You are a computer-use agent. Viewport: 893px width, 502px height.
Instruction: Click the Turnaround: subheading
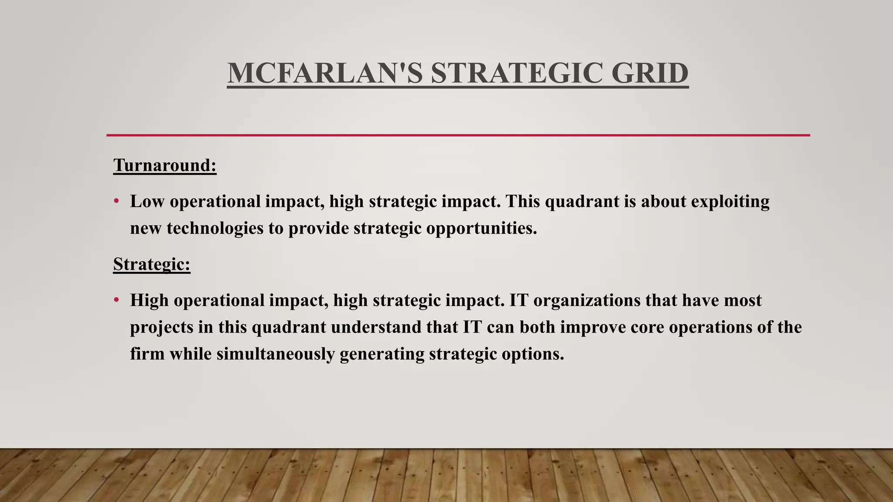165,166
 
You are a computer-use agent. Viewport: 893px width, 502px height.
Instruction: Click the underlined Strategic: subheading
152,265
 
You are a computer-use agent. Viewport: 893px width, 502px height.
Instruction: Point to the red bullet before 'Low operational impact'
116,202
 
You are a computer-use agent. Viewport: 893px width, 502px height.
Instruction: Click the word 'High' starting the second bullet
149,301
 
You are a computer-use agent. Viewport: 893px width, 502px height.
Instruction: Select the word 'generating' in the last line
382,354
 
